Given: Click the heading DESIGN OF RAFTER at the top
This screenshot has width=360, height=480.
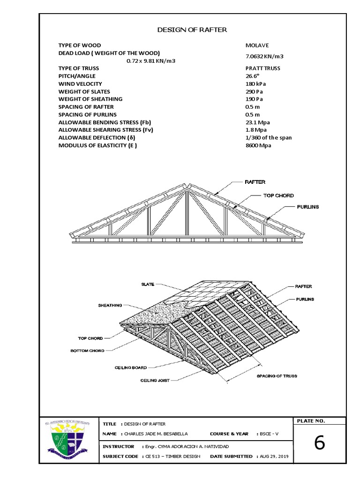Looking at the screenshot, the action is [192, 30].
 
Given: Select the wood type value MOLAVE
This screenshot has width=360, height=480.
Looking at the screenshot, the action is [257, 45].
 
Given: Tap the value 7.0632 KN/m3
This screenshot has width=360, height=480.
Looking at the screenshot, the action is [265, 56].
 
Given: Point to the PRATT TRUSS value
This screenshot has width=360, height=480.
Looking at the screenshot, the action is [263, 68].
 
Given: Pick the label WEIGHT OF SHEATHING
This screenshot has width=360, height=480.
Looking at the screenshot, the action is [90, 99].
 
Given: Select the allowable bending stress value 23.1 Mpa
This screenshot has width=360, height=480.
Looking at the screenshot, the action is [258, 122].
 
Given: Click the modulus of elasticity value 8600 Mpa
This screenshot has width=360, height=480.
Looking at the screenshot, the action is [258, 145].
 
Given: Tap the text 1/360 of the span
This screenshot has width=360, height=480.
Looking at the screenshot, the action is [269, 138].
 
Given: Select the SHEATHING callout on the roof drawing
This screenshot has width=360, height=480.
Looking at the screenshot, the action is [110, 305].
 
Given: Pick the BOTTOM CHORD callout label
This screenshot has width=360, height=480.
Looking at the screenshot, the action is [88, 350].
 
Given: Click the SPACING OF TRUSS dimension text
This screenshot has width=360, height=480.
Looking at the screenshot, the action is [277, 376].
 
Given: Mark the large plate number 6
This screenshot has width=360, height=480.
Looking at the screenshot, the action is [319, 442].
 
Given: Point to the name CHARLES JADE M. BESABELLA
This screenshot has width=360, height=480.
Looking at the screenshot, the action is [157, 434].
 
